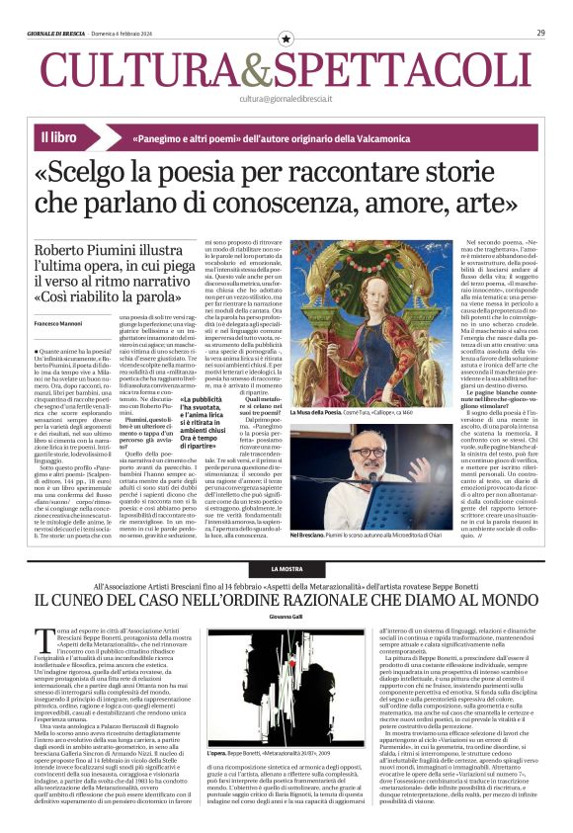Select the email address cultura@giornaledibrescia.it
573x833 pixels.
(286, 99)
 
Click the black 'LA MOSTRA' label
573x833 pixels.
(286, 571)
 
